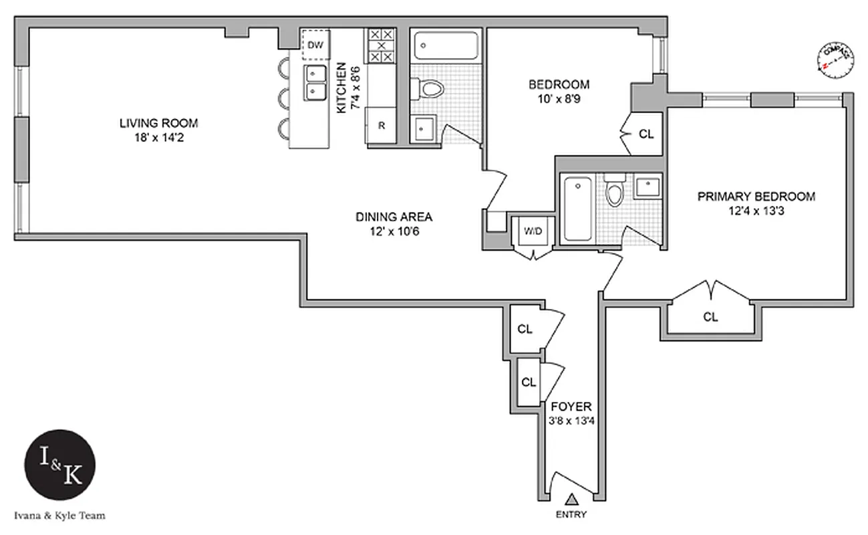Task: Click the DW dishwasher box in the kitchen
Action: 315,45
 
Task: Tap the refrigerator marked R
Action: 381,125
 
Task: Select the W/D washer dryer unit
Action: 533,231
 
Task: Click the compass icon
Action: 835,61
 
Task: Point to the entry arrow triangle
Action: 571,498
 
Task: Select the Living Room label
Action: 159,123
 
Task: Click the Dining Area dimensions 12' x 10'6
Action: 394,232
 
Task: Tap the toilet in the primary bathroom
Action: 613,191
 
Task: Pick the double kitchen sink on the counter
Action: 315,82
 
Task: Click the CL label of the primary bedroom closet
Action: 710,317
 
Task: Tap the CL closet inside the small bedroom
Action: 645,134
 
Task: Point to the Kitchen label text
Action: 341,87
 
